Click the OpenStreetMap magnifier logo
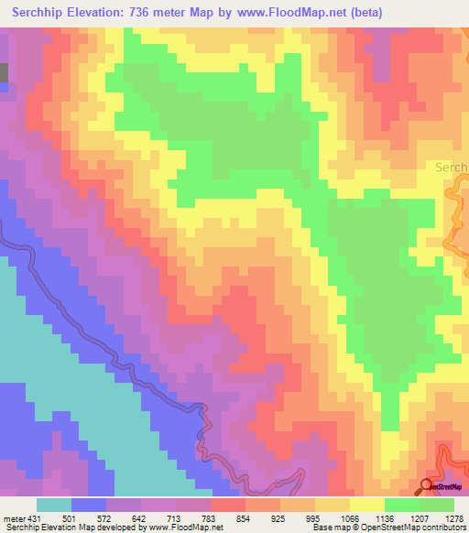428,486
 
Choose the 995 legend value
314,518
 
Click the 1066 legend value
349,518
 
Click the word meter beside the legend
15,518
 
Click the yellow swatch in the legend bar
366,505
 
